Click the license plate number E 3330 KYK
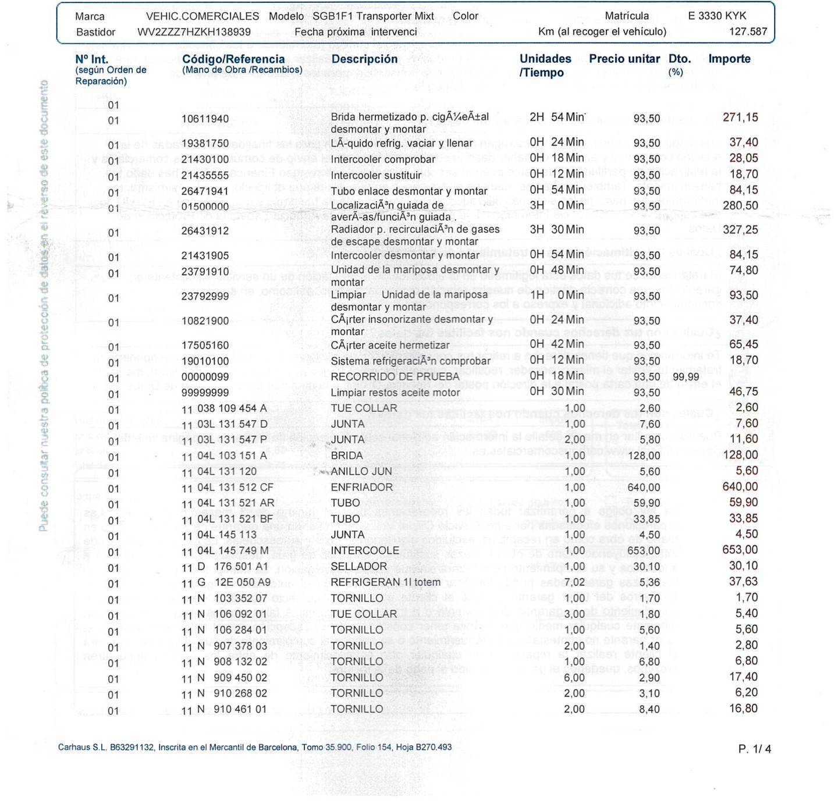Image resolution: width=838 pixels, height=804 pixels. (717, 16)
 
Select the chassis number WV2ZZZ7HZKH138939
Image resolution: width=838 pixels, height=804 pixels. (194, 32)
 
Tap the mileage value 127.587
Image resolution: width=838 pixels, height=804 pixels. (748, 31)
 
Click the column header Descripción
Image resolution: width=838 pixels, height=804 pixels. (364, 59)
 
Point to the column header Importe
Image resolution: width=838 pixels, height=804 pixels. (729, 59)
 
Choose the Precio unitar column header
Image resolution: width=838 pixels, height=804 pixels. (624, 59)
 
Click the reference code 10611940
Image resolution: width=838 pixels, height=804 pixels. (205, 119)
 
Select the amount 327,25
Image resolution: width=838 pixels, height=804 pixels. (740, 230)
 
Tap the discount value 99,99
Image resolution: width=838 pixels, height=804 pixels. (686, 377)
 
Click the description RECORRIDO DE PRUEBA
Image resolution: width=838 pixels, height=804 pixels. (395, 376)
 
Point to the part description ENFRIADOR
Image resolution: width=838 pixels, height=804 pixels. (361, 487)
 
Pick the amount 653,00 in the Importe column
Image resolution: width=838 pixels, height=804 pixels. (740, 550)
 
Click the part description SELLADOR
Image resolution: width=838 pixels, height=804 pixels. (358, 566)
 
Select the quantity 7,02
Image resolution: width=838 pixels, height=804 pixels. (574, 582)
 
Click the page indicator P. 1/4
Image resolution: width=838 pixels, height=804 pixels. (754, 749)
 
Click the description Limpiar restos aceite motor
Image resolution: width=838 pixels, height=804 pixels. (395, 393)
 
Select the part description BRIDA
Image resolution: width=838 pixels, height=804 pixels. (346, 456)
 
